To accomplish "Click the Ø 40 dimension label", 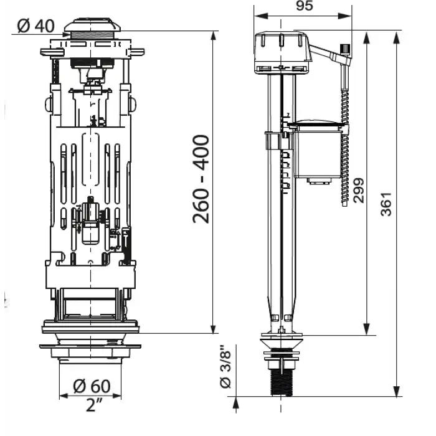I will click(36, 26).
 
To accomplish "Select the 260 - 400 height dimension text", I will click(201, 179).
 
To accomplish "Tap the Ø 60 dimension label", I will click(91, 386).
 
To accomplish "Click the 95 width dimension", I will click(303, 6).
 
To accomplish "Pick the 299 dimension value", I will click(359, 189).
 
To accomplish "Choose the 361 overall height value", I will click(387, 204).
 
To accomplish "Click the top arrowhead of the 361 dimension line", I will click(397, 33).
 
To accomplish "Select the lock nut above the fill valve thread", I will click(283, 356).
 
